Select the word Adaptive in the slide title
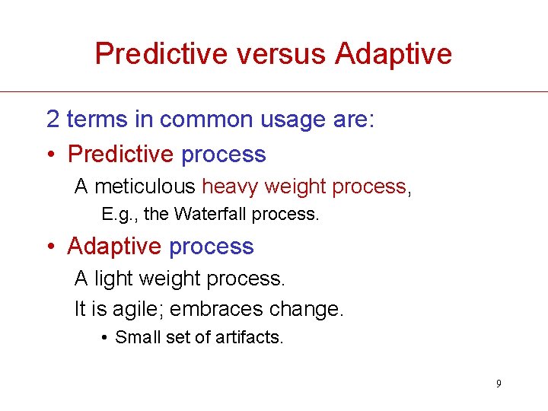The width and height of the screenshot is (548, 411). tap(393, 54)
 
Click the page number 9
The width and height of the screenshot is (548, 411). tap(499, 384)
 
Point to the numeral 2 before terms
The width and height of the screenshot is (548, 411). tap(53, 119)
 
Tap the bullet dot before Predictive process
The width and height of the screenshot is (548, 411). tap(50, 155)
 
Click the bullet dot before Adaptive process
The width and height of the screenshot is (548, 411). tap(50, 247)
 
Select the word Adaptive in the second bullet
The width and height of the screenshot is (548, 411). tap(114, 247)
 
